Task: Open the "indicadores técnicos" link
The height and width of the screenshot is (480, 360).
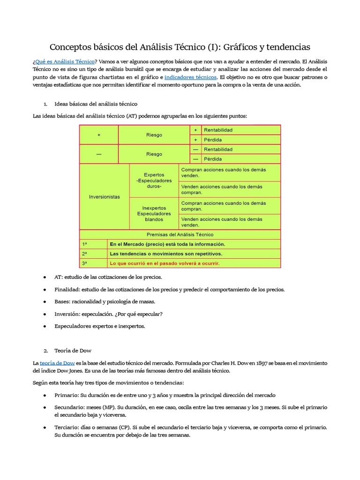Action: [x=190, y=77]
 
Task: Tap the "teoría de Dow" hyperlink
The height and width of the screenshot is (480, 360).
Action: [x=57, y=363]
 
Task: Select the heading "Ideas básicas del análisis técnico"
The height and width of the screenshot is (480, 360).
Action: [x=96, y=104]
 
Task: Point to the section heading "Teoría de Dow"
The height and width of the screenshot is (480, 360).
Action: [x=73, y=350]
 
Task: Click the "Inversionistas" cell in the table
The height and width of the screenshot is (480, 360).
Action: [x=104, y=197]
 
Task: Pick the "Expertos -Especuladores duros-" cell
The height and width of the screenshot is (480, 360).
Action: [x=154, y=180]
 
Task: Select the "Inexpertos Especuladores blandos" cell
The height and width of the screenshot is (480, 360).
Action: [x=154, y=214]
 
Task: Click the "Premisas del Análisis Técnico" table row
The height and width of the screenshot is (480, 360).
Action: [x=180, y=234]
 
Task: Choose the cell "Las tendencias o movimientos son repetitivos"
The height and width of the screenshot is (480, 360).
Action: [x=165, y=254]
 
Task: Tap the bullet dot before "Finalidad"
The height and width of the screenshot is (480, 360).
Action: [x=45, y=289]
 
